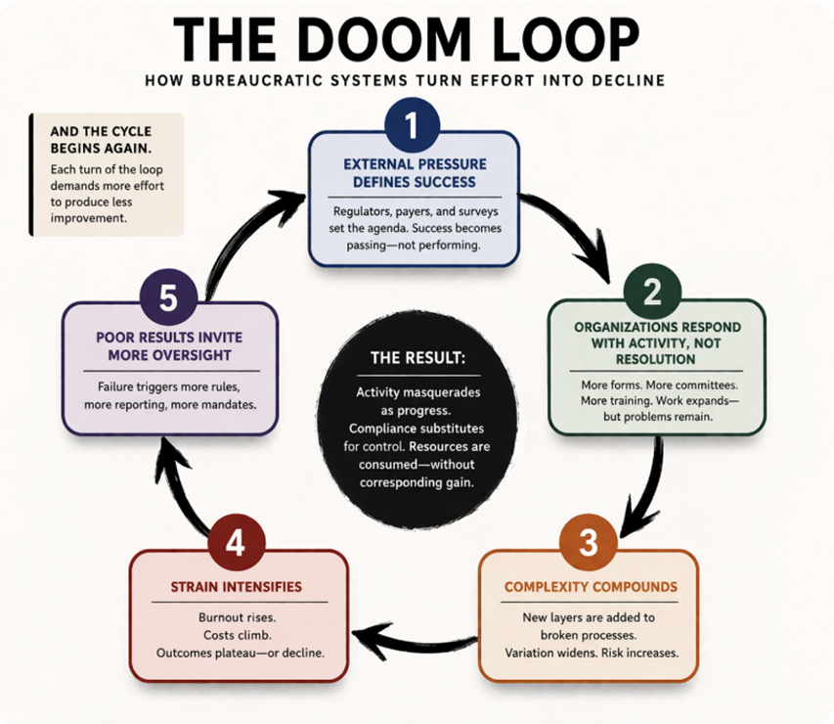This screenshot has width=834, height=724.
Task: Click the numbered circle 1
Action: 412,126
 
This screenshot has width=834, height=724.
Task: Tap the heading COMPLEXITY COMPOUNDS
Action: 589,587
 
